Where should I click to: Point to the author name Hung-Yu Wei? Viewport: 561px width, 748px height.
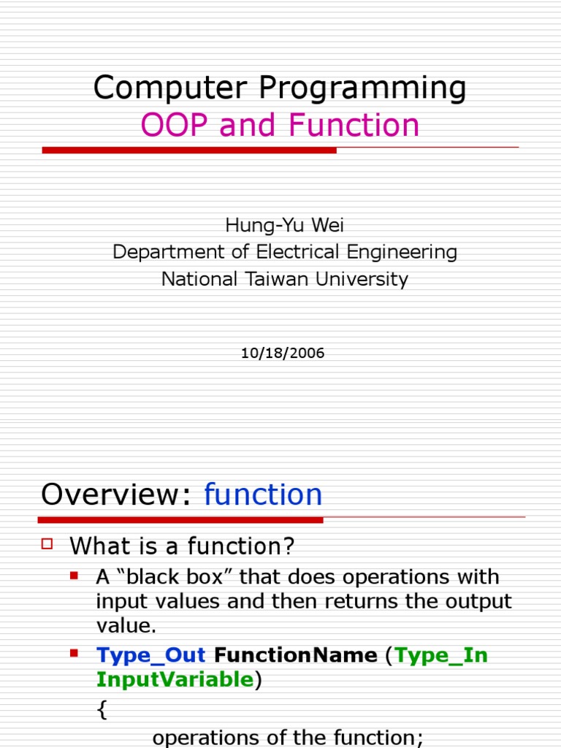tap(284, 225)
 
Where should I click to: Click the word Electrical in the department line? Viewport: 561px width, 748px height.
tap(300, 252)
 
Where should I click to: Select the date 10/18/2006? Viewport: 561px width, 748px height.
tap(283, 354)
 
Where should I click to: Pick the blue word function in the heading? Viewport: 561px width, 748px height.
tap(263, 495)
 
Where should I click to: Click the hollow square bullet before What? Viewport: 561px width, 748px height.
tap(48, 543)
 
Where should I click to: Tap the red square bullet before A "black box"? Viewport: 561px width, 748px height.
tap(74, 576)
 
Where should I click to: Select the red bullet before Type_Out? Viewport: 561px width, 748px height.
tap(74, 653)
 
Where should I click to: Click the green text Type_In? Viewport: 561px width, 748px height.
tap(441, 655)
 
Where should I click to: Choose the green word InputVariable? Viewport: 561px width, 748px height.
tap(174, 680)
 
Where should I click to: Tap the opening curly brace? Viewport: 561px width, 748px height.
tap(102, 710)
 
